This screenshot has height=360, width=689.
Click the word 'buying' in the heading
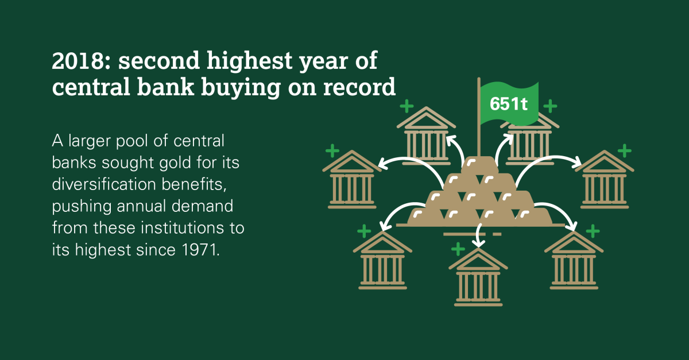click(241, 87)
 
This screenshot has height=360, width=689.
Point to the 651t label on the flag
click(509, 104)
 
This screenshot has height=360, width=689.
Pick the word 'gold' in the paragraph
click(175, 162)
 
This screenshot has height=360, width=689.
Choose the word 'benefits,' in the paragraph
click(195, 184)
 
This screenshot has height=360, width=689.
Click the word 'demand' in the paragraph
click(202, 206)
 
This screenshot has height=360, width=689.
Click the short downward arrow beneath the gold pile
click(478, 235)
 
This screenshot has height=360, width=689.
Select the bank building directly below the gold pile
click(478, 277)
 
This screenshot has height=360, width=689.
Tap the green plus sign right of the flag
click(550, 106)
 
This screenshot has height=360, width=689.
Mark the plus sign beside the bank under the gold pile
click(458, 249)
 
